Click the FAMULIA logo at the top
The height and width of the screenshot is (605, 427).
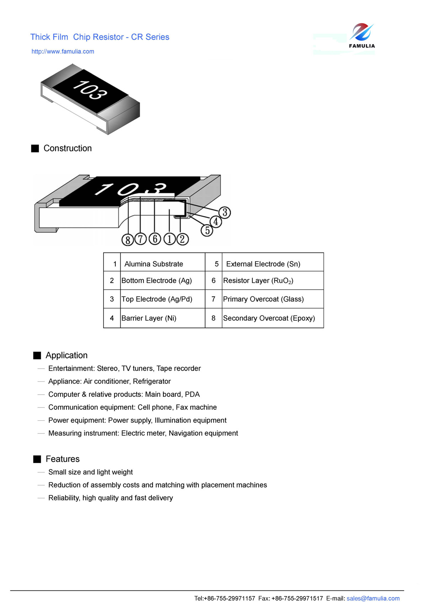coord(361,36)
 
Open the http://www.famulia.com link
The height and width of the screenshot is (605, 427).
coord(63,51)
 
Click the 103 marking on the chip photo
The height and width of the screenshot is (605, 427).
coord(90,90)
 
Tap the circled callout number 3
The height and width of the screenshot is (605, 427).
coord(225,212)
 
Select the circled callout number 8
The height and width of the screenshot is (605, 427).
coord(127,240)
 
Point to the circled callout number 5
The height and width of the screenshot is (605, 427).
coord(207,230)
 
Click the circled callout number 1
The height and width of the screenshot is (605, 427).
coord(169,239)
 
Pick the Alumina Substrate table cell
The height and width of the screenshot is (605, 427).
coord(154,264)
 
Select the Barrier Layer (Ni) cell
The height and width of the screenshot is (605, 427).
coord(149,318)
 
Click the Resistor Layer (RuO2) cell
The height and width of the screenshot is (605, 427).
coord(258,281)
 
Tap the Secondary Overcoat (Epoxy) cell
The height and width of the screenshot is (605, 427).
coord(269,318)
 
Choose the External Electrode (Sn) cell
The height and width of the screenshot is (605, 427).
coord(263,264)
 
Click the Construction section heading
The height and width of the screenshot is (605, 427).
coord(67,148)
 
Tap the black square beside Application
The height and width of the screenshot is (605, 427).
coord(37,355)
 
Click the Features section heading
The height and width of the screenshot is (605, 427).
coord(62,459)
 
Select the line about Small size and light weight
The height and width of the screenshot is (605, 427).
coord(90,472)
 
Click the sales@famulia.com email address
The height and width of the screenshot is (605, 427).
coord(373,598)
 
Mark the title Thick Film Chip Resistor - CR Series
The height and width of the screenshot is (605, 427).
coord(100,37)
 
